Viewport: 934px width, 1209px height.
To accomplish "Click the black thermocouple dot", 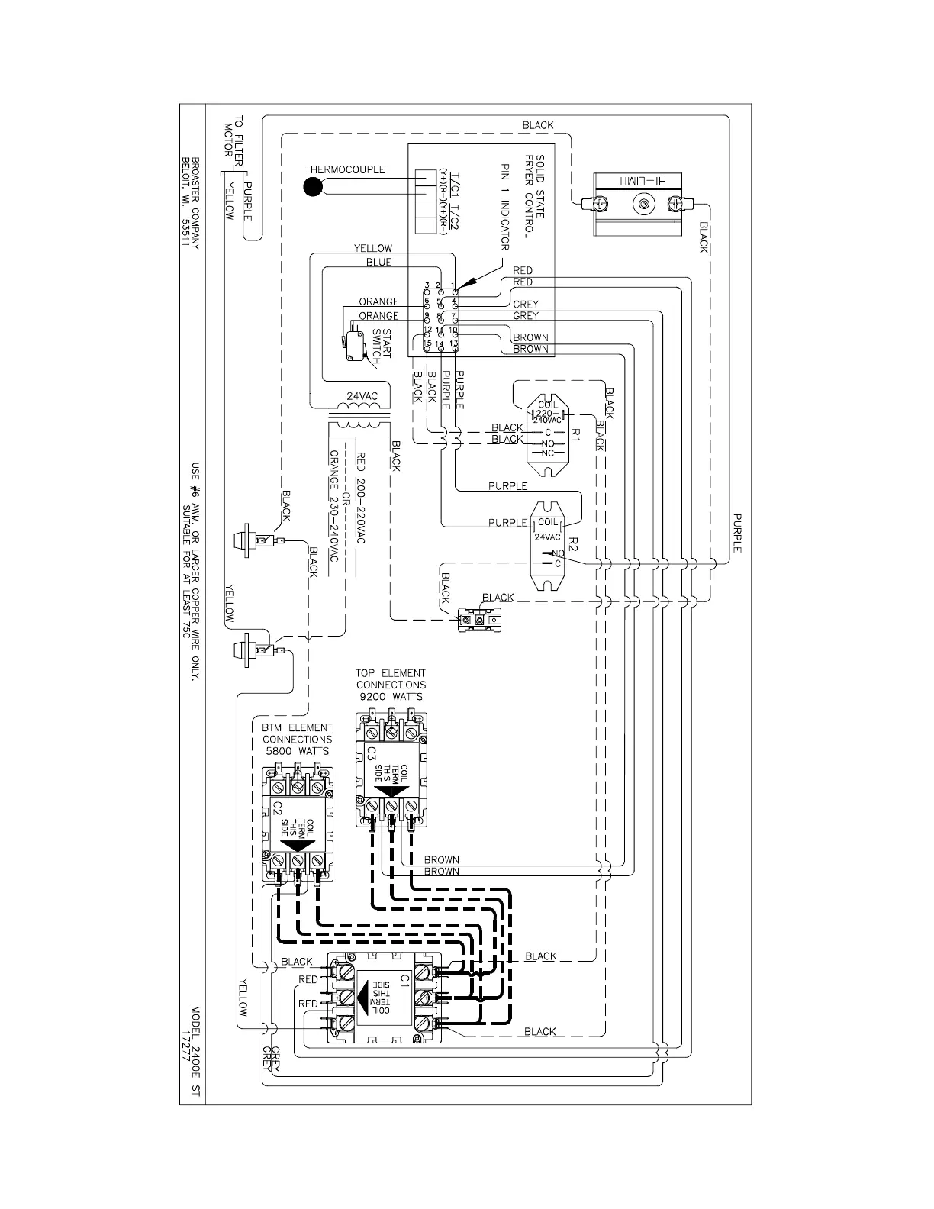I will [x=312, y=186].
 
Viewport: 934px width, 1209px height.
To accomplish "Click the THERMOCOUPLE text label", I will [x=345, y=169].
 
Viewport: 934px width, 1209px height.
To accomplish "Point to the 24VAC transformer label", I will [x=362, y=396].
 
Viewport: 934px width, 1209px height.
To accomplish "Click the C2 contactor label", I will [x=278, y=808].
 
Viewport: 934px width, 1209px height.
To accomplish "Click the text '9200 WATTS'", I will [x=391, y=696].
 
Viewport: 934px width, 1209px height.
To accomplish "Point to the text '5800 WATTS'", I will [x=298, y=751].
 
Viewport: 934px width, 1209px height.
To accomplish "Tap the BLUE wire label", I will [x=378, y=263].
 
